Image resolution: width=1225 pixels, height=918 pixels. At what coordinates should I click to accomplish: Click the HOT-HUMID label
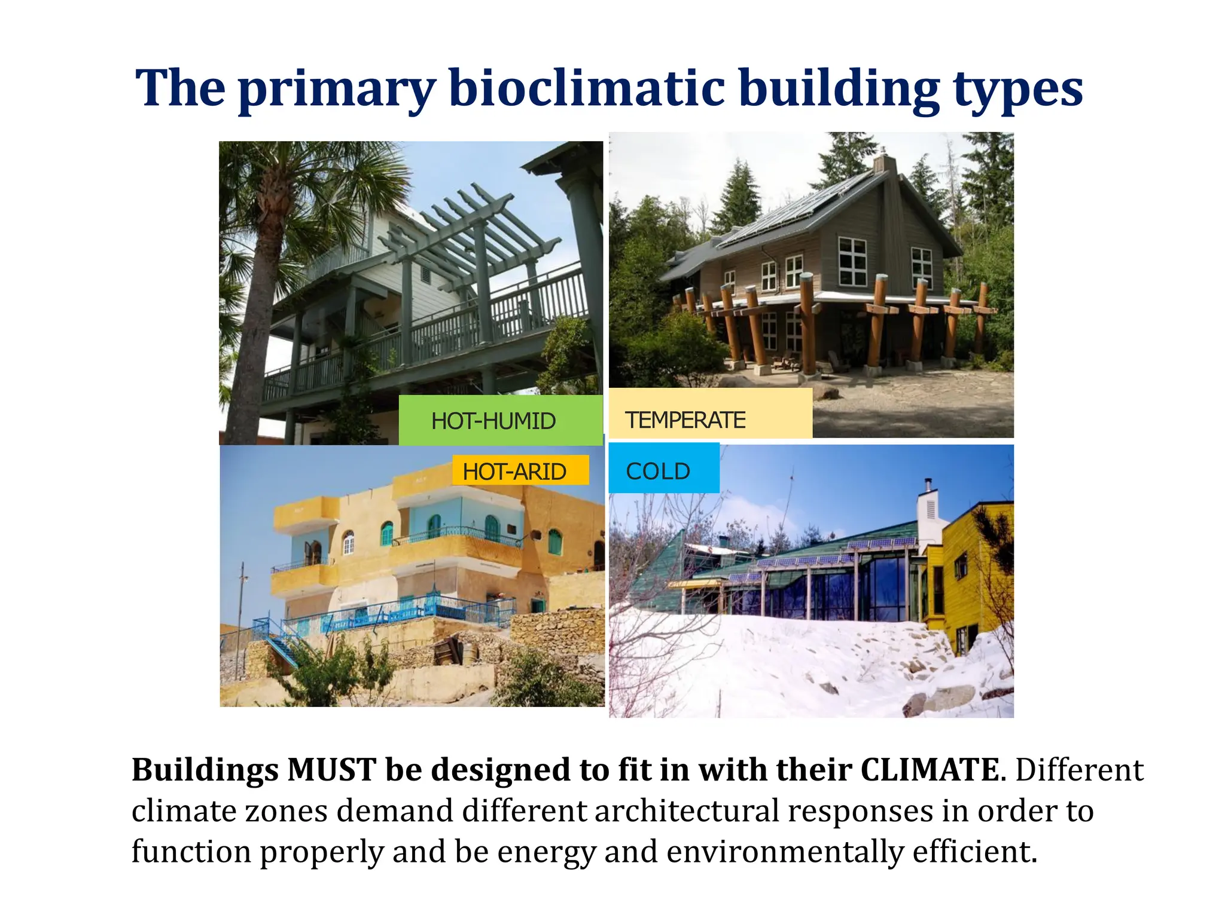tap(494, 421)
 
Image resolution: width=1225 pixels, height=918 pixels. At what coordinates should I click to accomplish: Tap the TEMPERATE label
tap(685, 420)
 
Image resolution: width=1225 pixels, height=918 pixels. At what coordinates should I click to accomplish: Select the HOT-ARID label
tap(514, 472)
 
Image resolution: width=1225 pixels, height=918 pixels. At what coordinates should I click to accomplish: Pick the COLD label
tap(658, 472)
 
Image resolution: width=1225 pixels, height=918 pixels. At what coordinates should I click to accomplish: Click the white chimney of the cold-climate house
tap(929, 514)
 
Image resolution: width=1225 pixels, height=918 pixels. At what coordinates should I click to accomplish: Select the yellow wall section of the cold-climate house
tap(975, 574)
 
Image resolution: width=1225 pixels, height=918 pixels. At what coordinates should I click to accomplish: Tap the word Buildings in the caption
tap(205, 770)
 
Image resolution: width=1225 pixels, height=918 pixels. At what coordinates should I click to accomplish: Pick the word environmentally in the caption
tap(784, 852)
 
